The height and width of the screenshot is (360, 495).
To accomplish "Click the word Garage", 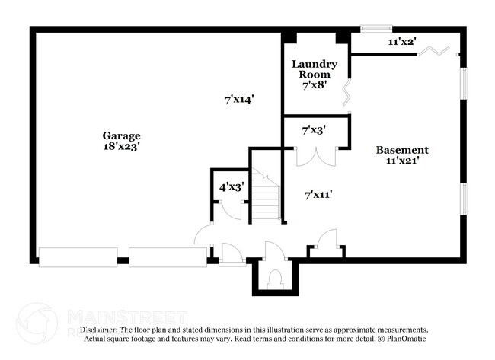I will point(122,135).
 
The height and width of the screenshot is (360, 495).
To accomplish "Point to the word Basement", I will point(402,150).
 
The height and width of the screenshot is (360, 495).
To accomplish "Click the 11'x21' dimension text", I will point(402,161).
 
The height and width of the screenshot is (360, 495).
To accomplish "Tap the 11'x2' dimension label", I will point(401,43).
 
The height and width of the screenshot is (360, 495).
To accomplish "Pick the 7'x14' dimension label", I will point(238,98).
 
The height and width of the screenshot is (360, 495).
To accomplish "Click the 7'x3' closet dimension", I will point(315,130).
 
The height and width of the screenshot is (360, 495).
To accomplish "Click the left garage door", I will point(78,257).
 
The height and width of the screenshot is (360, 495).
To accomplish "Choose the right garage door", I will point(168,257).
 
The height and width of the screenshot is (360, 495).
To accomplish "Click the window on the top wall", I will point(375,30).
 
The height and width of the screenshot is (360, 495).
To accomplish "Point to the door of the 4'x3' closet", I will point(234,210).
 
